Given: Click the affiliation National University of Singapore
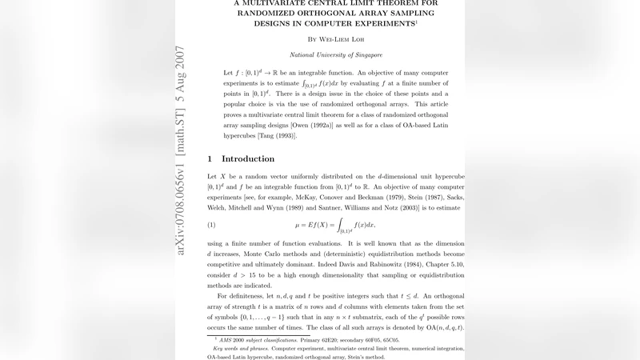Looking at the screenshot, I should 335,55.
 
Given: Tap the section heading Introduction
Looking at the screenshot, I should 247,158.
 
